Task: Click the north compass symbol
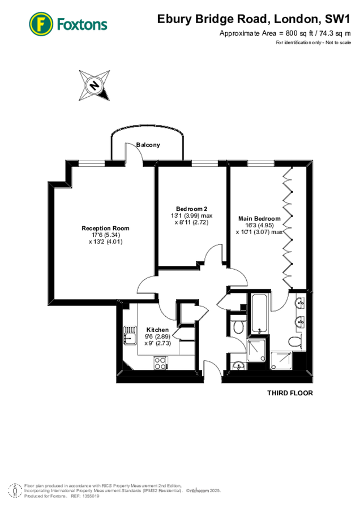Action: point(95,86)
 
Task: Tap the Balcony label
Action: point(148,145)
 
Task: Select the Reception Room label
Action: point(101,228)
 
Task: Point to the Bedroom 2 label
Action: point(191,208)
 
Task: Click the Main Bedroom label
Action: point(259,218)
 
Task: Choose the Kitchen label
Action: point(157,330)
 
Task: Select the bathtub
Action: point(260,314)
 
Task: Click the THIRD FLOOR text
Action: point(290,392)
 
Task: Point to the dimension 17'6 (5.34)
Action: point(101,235)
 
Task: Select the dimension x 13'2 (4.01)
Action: point(101,241)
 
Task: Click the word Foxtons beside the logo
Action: point(82,24)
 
